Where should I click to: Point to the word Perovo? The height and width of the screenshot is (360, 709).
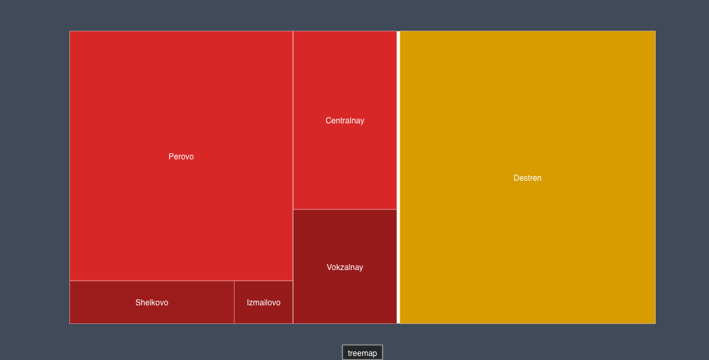point(181,157)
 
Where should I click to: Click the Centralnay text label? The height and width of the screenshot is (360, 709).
point(345,121)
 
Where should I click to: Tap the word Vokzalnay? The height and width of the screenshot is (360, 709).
point(345,267)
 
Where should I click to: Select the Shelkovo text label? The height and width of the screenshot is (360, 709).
point(152,303)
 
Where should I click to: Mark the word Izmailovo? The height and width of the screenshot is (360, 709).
point(263,303)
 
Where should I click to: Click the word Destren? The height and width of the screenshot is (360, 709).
point(528,178)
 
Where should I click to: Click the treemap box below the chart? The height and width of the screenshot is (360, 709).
point(362,353)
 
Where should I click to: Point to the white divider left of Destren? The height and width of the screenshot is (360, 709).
point(398,177)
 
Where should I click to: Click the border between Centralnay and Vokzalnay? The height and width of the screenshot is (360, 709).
point(345,209)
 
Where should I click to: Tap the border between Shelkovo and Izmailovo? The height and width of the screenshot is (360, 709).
point(234,302)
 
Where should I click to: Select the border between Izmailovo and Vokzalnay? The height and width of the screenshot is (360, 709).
point(293,302)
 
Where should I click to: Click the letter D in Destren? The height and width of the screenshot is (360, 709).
point(516,178)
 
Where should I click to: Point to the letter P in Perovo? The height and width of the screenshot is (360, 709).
point(171,157)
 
